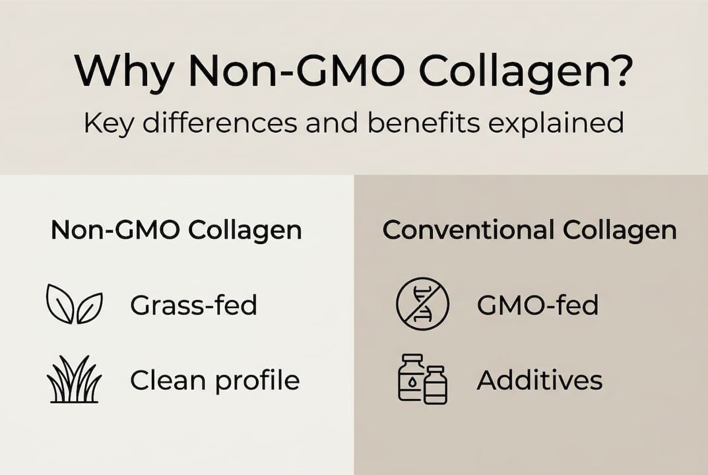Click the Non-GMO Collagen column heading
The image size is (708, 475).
(176, 230)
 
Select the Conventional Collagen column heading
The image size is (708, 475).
(530, 230)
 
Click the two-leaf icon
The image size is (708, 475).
(74, 304)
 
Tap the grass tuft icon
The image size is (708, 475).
(74, 381)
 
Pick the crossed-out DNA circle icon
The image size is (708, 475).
(422, 304)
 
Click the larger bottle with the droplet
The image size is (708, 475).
(412, 379)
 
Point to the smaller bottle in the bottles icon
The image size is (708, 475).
(435, 385)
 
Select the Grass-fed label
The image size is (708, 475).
(193, 305)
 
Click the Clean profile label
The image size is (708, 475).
(215, 381)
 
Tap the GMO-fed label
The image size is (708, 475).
(537, 305)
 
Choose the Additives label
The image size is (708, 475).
(540, 380)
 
